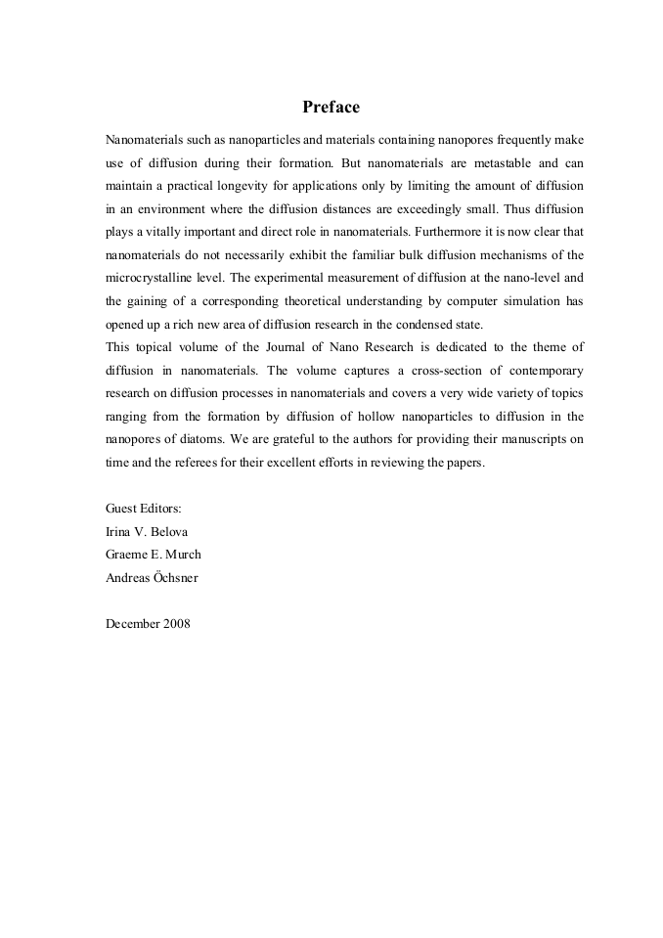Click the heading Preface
[x=331, y=107]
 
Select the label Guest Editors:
[x=144, y=509]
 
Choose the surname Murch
[x=182, y=555]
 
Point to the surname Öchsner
[x=176, y=578]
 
